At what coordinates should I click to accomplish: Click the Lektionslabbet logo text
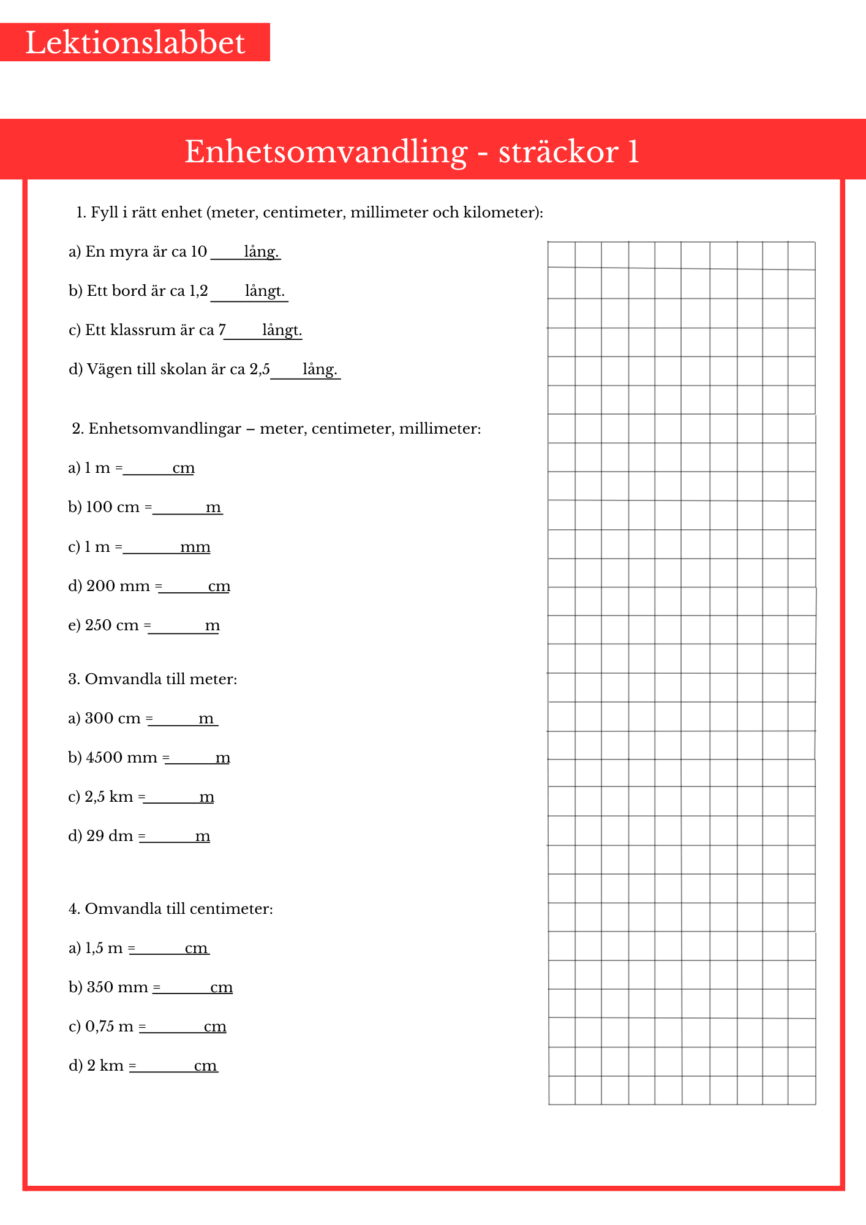click(x=135, y=43)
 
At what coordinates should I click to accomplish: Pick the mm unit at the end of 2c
click(x=195, y=547)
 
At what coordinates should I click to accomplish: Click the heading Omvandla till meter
click(x=160, y=679)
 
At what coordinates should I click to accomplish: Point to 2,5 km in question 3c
click(x=108, y=797)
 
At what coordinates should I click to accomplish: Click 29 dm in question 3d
click(x=109, y=836)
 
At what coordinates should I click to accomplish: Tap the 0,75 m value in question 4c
click(x=109, y=1027)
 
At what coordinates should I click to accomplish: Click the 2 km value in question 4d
click(x=105, y=1066)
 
